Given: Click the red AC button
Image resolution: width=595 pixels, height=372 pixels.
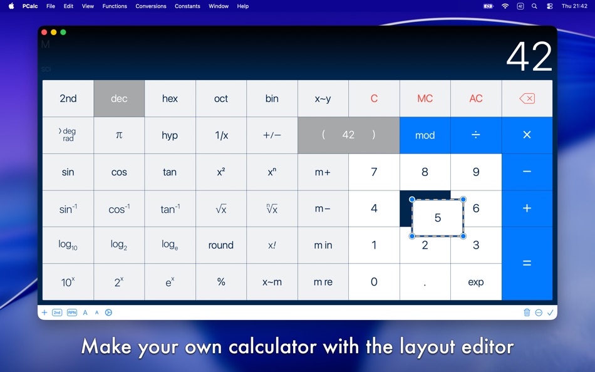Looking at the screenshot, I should click(x=476, y=98).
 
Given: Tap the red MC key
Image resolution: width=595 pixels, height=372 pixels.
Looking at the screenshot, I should click(x=425, y=98).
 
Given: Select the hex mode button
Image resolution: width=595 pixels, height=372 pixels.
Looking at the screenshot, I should click(x=170, y=98).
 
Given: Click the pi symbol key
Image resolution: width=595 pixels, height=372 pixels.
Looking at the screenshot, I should click(x=119, y=135).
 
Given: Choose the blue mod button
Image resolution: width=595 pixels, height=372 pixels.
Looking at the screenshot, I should click(x=425, y=135).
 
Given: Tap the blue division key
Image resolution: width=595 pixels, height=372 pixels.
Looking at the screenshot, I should click(x=476, y=135).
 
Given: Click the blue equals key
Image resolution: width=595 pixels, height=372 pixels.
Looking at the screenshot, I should click(x=527, y=264).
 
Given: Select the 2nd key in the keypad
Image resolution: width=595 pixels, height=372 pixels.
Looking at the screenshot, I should click(x=68, y=98).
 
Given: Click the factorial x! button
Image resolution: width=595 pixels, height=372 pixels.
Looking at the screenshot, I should click(x=272, y=245).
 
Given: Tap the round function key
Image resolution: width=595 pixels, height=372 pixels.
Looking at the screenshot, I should click(x=221, y=245).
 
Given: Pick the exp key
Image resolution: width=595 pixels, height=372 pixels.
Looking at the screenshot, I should click(x=476, y=282).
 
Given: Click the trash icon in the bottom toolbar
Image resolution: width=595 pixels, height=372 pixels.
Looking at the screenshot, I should click(x=527, y=313).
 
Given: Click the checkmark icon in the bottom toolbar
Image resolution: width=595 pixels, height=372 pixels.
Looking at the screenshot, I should click(x=551, y=313).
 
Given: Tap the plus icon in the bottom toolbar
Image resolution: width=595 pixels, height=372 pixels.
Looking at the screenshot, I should click(x=44, y=313).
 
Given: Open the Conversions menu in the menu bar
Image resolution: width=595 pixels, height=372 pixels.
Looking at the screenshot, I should click(x=151, y=6).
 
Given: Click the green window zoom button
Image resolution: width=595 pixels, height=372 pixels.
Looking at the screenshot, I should click(x=63, y=33).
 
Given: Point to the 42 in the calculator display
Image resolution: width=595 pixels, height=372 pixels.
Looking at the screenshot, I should click(x=529, y=57).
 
